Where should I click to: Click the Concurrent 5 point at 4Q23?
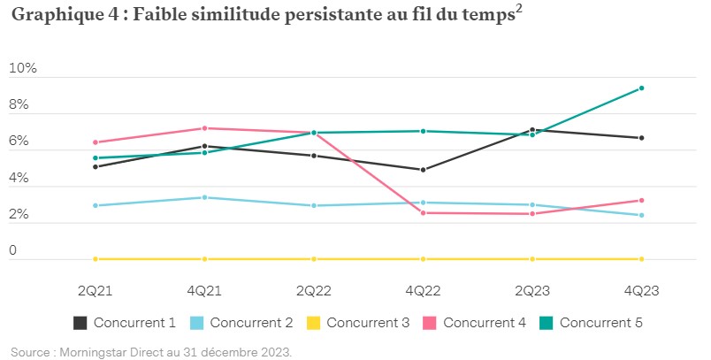point(641,88)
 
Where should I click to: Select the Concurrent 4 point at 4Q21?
point(205,128)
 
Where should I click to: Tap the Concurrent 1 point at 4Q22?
point(423,170)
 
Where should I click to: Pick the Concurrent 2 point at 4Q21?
point(205,197)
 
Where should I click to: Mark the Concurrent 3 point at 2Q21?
point(96,259)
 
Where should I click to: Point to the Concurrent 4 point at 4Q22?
point(423,213)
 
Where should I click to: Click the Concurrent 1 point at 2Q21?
point(96,166)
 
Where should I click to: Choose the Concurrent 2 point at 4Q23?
point(641,215)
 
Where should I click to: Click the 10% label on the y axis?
point(23,68)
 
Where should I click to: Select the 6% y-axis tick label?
point(19,142)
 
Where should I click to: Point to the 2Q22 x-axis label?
point(314,290)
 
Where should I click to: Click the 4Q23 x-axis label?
point(641,290)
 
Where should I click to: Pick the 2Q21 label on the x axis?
point(96,290)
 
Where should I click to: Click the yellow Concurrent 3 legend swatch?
point(314,323)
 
